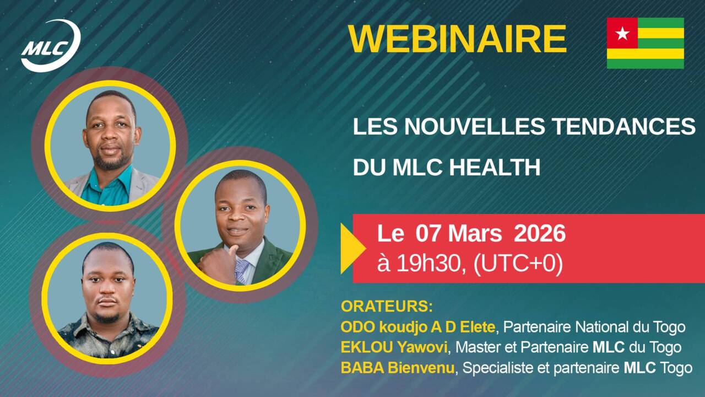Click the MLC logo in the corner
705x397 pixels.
coord(50,46)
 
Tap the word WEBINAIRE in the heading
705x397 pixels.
coord(457,39)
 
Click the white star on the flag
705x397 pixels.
coord(622,34)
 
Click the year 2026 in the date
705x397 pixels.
coord(539,234)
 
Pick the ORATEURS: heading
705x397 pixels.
coord(387,307)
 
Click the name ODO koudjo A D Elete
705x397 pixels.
coord(417,327)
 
